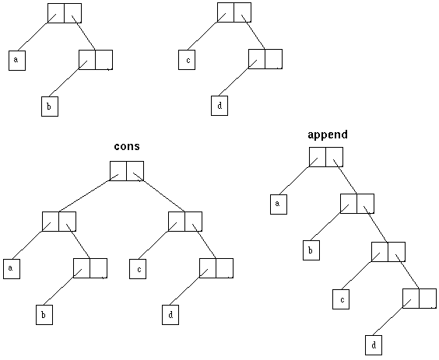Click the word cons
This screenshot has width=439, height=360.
[127, 146]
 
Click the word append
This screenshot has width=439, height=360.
[328, 135]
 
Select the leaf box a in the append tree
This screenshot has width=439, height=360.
[279, 204]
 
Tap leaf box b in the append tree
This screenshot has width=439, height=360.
[311, 250]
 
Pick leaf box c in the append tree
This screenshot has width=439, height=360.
[341, 299]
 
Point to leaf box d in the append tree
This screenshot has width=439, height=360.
[374, 345]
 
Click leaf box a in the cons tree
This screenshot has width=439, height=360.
[12, 269]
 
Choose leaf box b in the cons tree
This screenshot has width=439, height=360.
[44, 315]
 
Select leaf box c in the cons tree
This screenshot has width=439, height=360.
[138, 269]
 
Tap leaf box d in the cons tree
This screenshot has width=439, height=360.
[170, 315]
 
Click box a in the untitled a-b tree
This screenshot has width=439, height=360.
[17, 61]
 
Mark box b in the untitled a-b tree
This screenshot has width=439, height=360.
[50, 107]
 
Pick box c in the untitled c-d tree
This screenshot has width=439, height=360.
[187, 60]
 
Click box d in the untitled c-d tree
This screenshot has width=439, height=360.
[219, 106]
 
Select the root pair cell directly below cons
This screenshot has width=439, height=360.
[127, 171]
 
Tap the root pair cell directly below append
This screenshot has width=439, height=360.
[326, 157]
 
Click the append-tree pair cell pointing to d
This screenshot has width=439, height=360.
[420, 298]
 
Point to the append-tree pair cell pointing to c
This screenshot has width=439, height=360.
[388, 252]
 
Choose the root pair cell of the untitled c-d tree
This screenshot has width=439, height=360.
[234, 12]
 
